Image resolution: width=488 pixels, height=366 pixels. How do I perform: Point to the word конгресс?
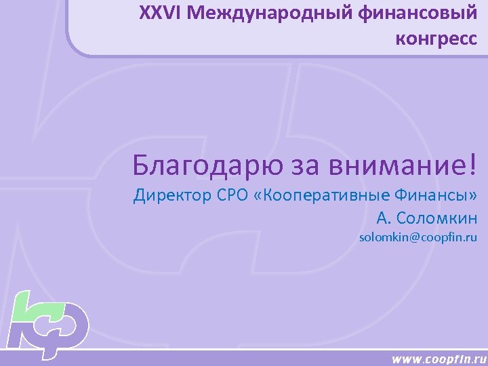[x=436, y=39]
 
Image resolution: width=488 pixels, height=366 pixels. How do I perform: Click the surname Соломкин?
[x=437, y=218]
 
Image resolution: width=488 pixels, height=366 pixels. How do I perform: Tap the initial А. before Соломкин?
[x=384, y=218]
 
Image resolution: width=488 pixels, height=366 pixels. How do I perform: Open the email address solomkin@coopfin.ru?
[x=418, y=238]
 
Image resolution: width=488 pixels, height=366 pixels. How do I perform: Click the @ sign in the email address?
[x=413, y=238]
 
